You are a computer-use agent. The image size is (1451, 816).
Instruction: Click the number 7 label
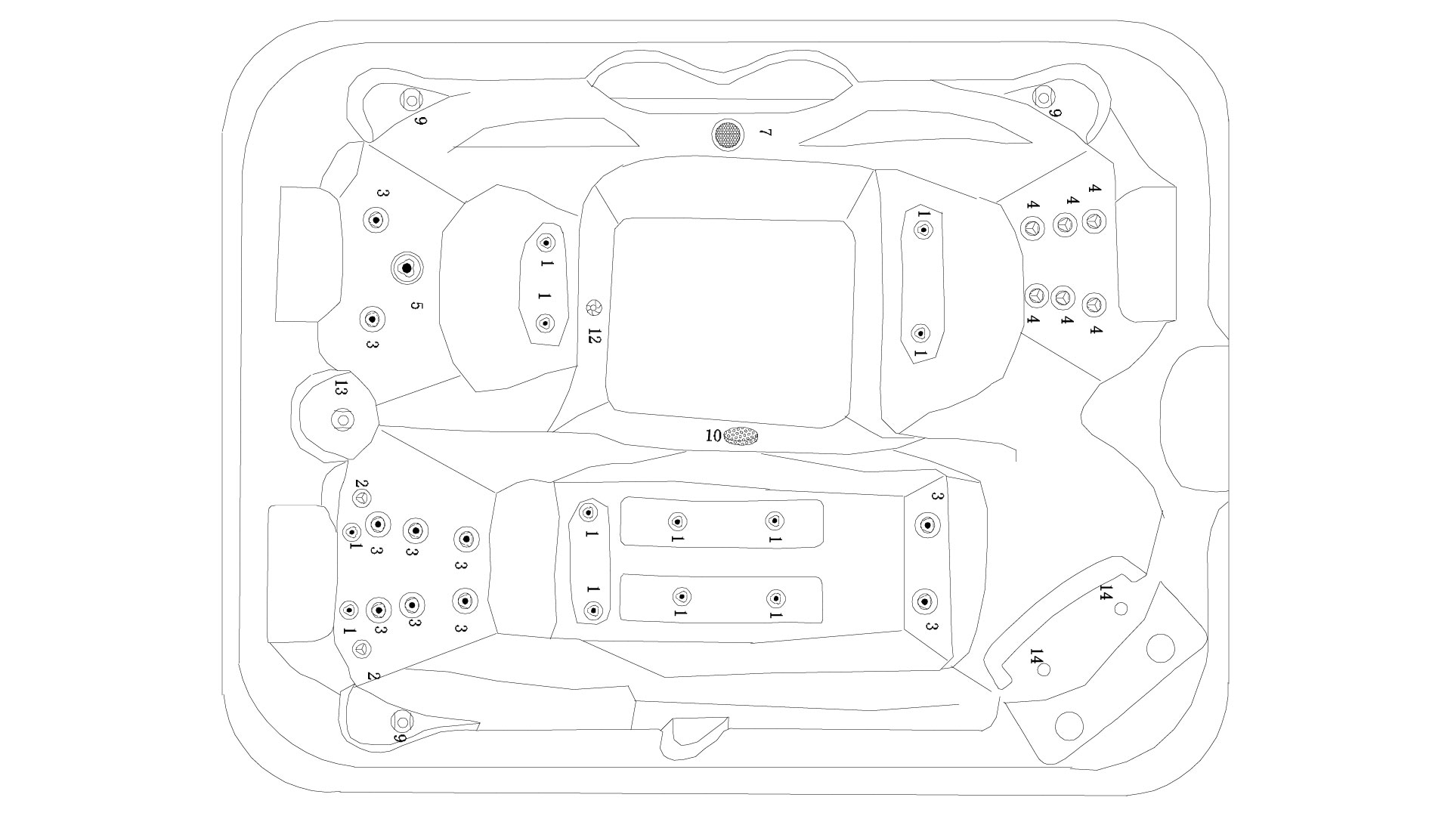point(765,133)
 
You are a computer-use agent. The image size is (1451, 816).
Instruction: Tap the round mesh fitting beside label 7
point(728,134)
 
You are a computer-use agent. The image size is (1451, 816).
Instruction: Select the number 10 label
point(713,436)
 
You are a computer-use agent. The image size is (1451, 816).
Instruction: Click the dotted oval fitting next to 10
point(741,436)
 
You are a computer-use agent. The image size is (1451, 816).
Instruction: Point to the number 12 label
point(593,336)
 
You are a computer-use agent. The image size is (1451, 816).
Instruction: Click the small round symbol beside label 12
point(594,308)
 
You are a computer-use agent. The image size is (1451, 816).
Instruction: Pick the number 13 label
point(341,389)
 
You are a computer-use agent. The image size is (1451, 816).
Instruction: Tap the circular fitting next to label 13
point(342,419)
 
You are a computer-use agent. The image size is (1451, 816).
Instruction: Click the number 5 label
point(416,306)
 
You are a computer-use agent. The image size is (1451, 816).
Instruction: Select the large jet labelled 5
point(407,267)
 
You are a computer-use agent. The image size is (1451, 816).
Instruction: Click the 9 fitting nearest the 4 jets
point(1044,97)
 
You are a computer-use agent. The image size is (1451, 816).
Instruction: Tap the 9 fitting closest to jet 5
point(412,99)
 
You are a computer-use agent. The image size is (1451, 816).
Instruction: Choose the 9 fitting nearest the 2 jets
point(402,721)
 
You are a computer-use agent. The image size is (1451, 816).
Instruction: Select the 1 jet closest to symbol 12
point(545,324)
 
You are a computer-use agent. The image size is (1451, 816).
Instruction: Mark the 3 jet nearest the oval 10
point(927,524)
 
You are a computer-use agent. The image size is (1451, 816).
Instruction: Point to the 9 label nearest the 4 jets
point(1057,113)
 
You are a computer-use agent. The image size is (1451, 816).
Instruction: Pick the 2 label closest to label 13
point(360,484)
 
